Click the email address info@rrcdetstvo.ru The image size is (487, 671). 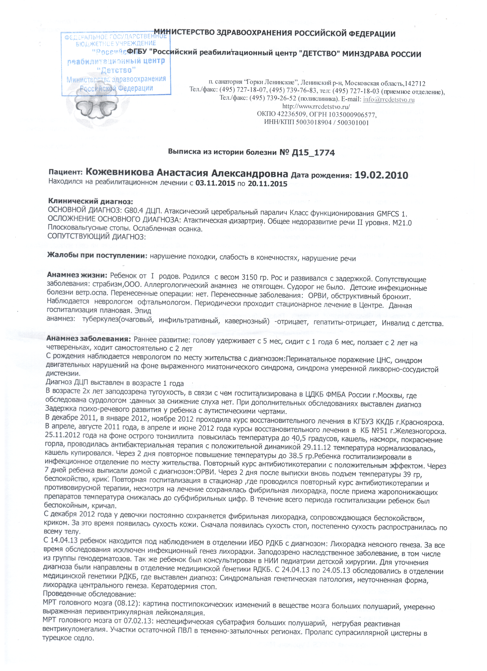(389, 99)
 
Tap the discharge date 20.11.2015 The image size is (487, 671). (267, 184)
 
